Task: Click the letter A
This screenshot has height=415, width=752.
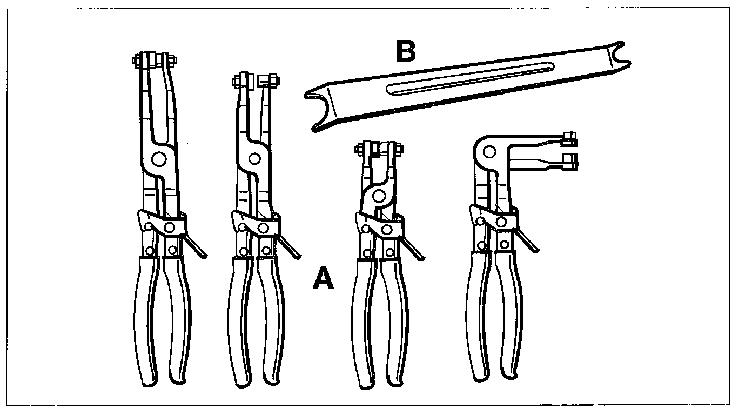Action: (324, 279)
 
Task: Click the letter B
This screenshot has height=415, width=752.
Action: (406, 52)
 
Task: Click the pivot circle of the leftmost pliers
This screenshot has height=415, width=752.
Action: (158, 159)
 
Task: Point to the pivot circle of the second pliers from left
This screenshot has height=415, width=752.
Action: (252, 158)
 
